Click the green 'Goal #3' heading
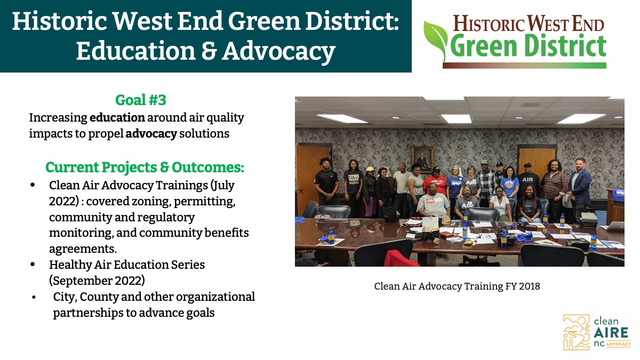pyautogui.click(x=141, y=100)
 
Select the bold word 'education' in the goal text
pyautogui.click(x=117, y=117)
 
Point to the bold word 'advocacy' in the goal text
pyautogui.click(x=151, y=134)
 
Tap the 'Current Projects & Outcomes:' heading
pyautogui.click(x=145, y=167)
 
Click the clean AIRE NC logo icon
pyautogui.click(x=576, y=332)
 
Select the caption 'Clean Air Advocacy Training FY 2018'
pyautogui.click(x=457, y=286)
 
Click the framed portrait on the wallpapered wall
pyautogui.click(x=423, y=159)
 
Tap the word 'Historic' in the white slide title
pyautogui.click(x=59, y=21)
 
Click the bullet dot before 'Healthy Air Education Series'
pyautogui.click(x=33, y=265)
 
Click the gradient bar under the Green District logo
pyautogui.click(x=524, y=66)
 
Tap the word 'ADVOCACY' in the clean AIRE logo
pyautogui.click(x=618, y=344)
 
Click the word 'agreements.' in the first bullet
pyautogui.click(x=83, y=249)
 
